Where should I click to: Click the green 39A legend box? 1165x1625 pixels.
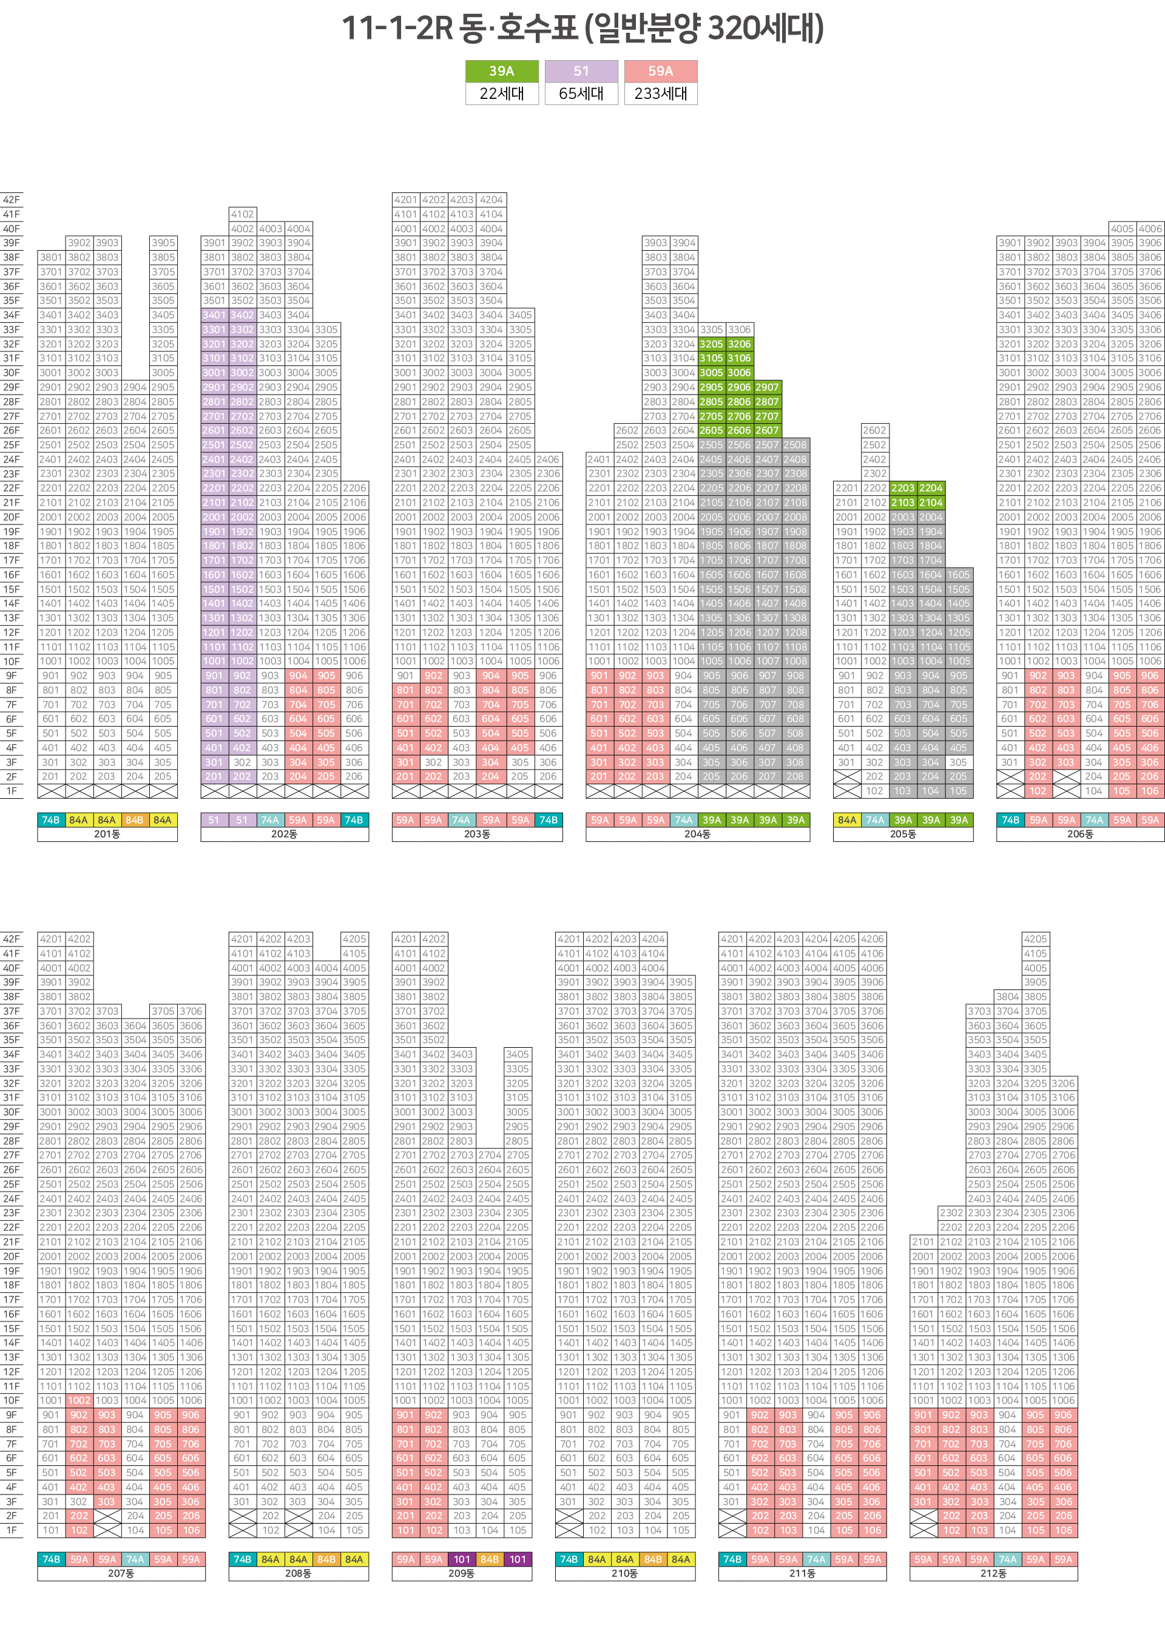501,71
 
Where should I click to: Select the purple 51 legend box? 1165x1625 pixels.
581,71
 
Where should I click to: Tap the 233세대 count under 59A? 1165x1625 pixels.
660,93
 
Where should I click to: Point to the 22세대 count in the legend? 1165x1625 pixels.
501,93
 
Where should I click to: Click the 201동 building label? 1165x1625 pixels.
107,834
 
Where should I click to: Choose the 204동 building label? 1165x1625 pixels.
697,834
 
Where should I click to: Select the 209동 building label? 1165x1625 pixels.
461,1573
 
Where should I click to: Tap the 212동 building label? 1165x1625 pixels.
993,1573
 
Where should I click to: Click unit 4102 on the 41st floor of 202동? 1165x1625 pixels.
242,214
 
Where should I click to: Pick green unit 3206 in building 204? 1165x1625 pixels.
739,344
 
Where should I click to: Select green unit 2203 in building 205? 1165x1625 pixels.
902,488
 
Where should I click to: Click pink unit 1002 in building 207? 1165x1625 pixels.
79,1400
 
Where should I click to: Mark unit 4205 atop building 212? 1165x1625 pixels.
1035,938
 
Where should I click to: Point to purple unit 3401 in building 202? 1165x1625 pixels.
214,314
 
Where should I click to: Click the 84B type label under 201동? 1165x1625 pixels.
135,819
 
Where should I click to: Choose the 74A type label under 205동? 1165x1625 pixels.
874,819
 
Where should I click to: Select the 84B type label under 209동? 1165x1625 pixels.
490,1559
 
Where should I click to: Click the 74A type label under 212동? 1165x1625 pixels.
1007,1559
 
